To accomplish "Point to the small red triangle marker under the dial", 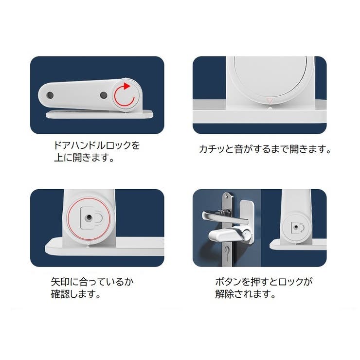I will pyautogui.click(x=270, y=101).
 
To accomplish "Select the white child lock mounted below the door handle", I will pyautogui.click(x=229, y=235).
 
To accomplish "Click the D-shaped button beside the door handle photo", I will pyautogui.click(x=296, y=226).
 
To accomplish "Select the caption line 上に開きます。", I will pyautogui.click(x=83, y=158).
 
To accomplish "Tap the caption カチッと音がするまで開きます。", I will pyautogui.click(x=265, y=149).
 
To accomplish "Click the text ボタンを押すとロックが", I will pyautogui.click(x=264, y=282).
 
